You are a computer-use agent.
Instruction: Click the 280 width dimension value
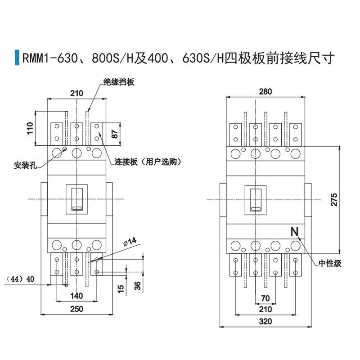(x=266, y=92)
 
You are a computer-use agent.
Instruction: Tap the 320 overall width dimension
(x=265, y=321)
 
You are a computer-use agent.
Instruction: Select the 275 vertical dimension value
(x=333, y=200)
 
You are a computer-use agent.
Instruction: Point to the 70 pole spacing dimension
(x=265, y=297)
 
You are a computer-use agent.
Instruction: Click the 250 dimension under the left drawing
(x=77, y=309)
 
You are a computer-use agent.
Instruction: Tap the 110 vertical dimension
(x=31, y=128)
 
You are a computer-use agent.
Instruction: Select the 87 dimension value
(x=115, y=134)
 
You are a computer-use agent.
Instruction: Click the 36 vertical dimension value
(x=138, y=285)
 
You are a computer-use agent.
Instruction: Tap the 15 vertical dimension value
(x=121, y=288)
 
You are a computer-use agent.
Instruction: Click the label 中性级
(x=330, y=264)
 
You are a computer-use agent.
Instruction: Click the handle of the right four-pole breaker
(x=256, y=199)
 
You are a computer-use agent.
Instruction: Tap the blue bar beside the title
(x=17, y=58)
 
